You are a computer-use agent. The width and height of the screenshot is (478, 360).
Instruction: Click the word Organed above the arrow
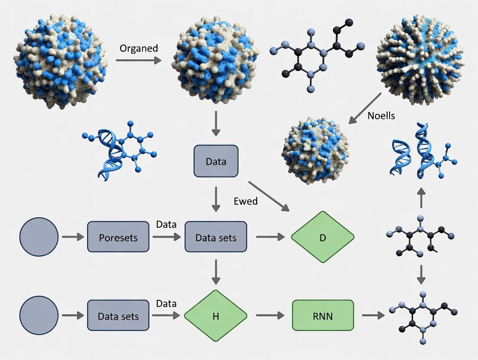(x=139, y=48)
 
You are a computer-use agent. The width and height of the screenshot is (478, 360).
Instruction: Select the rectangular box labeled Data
(x=216, y=161)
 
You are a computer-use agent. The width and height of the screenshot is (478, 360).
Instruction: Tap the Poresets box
(x=118, y=237)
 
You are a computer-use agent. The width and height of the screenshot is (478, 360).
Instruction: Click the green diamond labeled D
(x=323, y=237)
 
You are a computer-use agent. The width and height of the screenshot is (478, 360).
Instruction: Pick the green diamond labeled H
(x=216, y=316)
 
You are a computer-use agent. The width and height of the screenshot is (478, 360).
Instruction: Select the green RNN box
(x=323, y=316)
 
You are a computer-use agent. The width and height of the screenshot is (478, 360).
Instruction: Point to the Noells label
(x=381, y=116)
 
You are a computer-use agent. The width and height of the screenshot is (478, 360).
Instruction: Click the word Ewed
(x=245, y=201)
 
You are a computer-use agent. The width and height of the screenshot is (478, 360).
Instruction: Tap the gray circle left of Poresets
(x=39, y=237)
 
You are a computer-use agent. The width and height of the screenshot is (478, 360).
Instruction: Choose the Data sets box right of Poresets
(x=216, y=237)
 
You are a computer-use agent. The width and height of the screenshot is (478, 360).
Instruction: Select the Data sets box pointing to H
(x=118, y=316)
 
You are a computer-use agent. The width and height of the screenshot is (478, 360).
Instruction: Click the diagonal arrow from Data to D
(x=268, y=196)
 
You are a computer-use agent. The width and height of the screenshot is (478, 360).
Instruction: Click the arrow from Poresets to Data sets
(x=166, y=237)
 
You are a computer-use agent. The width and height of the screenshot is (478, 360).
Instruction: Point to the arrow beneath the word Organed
(x=138, y=60)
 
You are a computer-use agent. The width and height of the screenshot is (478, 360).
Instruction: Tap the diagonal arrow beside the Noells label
(x=365, y=108)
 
